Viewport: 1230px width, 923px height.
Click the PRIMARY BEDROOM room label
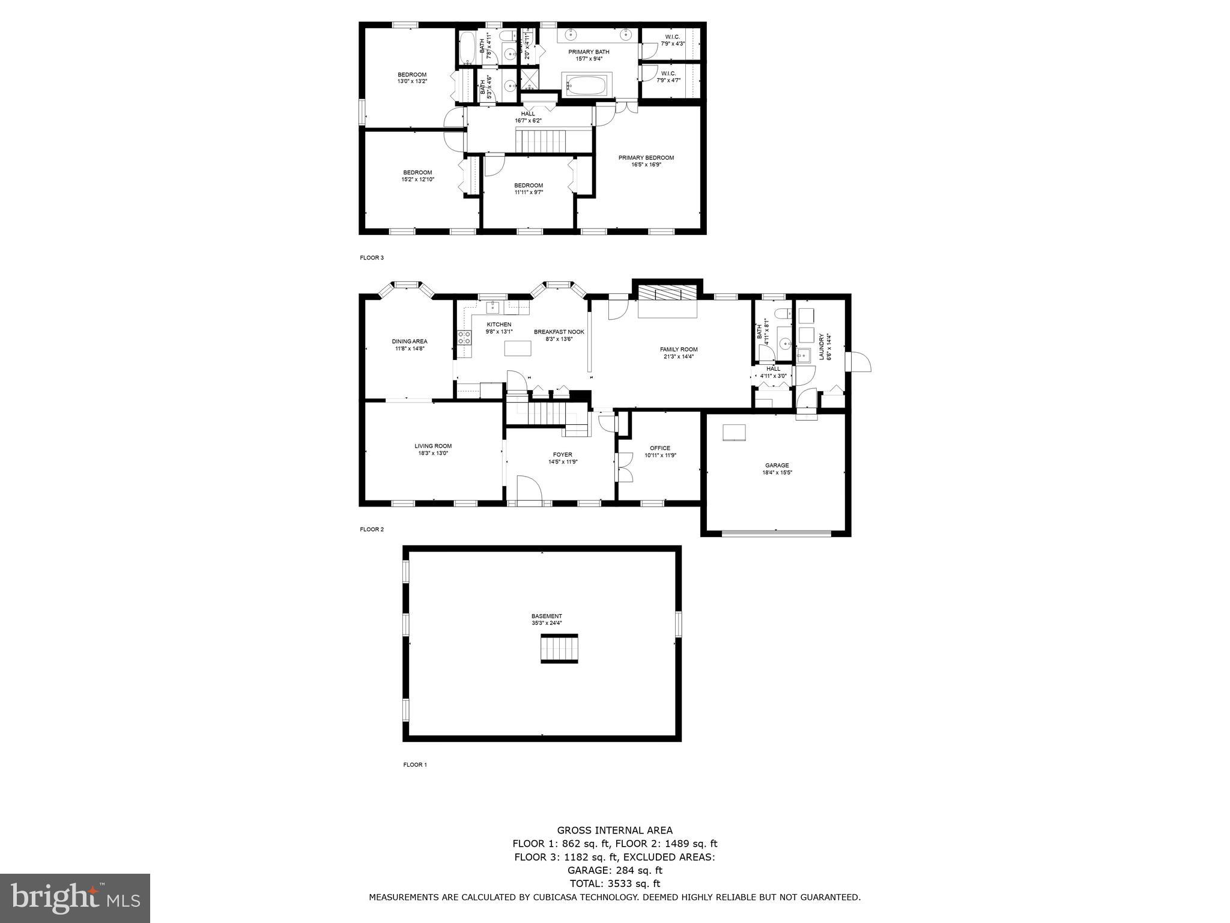646,158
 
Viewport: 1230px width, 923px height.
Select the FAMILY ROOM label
679,349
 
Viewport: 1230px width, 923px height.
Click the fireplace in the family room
667,294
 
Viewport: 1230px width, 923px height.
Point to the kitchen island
518,349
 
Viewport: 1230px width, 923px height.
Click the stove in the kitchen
464,337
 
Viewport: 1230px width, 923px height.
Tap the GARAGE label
777,465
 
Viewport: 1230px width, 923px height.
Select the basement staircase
559,648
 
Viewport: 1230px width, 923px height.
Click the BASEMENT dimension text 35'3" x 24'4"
547,623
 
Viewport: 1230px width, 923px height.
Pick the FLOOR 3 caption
371,258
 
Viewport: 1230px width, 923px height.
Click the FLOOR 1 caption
414,765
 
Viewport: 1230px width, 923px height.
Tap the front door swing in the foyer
529,488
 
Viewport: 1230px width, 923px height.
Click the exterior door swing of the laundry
858,362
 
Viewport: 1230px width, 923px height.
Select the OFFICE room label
660,448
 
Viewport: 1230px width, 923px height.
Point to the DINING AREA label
410,341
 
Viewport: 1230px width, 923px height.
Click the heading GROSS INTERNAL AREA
614,830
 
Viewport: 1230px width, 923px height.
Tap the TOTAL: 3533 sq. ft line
614,883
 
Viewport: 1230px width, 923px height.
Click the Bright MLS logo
75,899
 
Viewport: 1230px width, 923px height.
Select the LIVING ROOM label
433,446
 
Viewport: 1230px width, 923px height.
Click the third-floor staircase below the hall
541,142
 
